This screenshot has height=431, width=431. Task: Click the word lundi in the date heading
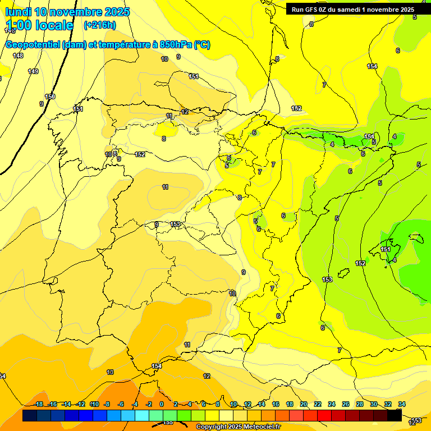click(18, 12)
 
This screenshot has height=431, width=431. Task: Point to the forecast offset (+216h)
click(100, 25)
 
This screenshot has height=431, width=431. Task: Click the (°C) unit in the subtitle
click(202, 45)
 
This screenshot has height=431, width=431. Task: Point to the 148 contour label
click(18, 56)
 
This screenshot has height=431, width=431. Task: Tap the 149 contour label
click(33, 71)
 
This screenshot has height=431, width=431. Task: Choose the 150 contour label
click(50, 97)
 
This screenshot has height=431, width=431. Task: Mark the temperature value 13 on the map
click(110, 372)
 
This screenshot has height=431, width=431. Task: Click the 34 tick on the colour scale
click(402, 404)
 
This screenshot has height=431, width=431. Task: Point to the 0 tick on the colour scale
click(162, 404)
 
